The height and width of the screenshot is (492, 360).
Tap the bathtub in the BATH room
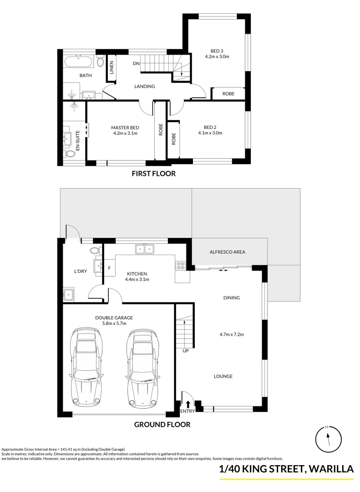79,62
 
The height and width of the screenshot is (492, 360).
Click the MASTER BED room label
125,128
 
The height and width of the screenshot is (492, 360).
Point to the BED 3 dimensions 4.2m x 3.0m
217,56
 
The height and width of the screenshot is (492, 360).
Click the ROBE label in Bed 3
228,93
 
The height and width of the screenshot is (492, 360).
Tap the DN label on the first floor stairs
136,63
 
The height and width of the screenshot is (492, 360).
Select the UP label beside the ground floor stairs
186,351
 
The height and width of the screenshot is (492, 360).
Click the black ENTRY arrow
188,404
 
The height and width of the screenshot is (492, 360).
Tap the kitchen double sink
144,249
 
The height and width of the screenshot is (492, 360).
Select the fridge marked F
109,267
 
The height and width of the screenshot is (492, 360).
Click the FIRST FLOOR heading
153,174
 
